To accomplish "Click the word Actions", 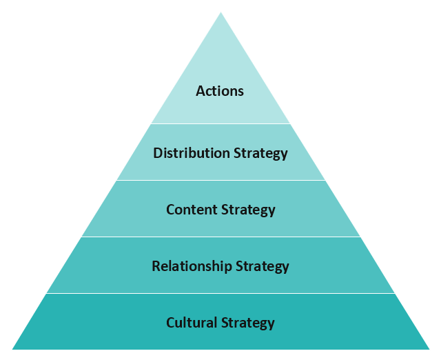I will [220, 91].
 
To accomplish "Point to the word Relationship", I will [192, 266].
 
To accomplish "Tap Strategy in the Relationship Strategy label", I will [263, 267].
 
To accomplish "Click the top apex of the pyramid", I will [220, 12].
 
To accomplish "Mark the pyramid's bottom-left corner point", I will [12, 349].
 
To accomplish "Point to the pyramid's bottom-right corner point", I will [429, 349].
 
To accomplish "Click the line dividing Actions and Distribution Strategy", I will [220, 124].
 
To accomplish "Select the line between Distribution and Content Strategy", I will [220, 181].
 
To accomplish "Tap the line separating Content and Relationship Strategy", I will [220, 237].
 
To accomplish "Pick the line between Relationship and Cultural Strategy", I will [220, 294].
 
